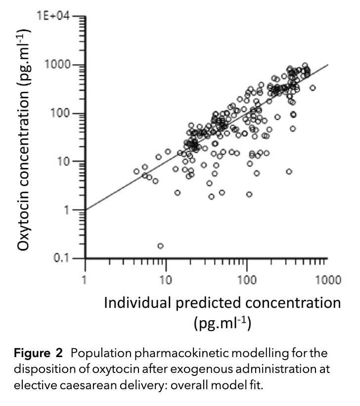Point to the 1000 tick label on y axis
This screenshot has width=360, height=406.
click(x=57, y=65)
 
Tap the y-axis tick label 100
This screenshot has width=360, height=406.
click(x=60, y=113)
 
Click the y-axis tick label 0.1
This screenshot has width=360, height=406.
click(x=61, y=258)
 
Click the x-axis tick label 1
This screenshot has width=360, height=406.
click(x=85, y=281)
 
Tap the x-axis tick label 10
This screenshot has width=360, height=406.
click(x=166, y=281)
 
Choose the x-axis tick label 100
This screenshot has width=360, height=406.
click(x=246, y=281)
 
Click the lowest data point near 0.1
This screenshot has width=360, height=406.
click(x=160, y=246)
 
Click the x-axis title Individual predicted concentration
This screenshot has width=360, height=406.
click(x=222, y=303)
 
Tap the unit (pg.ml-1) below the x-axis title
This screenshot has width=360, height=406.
click(x=222, y=324)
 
